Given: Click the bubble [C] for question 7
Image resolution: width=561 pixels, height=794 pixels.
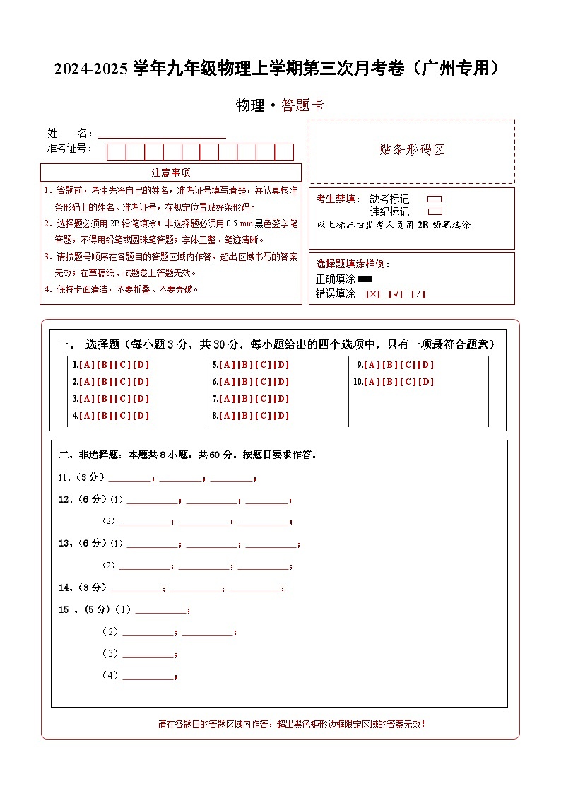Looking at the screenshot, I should (264, 399).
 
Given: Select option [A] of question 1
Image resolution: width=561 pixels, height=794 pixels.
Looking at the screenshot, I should (87, 365).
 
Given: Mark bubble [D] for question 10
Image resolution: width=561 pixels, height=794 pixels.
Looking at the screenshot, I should (426, 382).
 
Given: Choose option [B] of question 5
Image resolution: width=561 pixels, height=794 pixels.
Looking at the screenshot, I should (245, 365).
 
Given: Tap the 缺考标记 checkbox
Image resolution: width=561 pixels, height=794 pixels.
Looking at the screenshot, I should (435, 199).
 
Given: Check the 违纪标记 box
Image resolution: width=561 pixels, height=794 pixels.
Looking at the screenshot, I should (435, 211).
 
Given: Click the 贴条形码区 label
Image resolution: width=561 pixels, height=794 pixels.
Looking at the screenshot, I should (411, 150).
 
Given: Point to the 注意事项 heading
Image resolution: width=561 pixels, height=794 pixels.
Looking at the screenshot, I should (170, 173).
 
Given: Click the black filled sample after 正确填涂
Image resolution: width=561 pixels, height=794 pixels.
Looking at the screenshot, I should (365, 279).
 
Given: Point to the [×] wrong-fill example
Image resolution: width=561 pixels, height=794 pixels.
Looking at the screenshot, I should (372, 294).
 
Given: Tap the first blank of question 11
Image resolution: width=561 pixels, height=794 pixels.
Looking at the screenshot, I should (129, 478).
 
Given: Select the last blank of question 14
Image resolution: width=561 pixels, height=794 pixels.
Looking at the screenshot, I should (254, 588).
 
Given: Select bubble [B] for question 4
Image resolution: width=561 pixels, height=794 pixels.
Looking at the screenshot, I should (105, 416).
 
